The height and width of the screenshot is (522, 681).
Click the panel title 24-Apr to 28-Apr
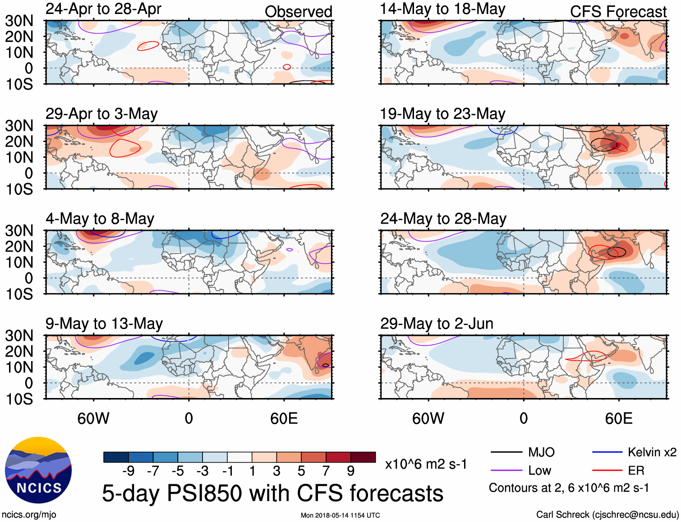[103, 9]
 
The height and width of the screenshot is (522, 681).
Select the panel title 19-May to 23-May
[442, 114]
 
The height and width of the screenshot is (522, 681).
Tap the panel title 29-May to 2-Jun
[437, 324]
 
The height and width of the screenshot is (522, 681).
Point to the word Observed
[298, 12]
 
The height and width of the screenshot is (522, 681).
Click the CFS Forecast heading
[618, 12]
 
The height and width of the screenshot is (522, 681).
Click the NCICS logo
[38, 470]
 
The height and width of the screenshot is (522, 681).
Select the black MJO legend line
[506, 452]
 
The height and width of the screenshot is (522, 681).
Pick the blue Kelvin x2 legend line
[607, 452]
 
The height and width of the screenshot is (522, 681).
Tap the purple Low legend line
[506, 471]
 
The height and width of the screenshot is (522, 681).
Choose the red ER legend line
[607, 471]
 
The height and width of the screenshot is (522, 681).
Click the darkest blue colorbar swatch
[115, 457]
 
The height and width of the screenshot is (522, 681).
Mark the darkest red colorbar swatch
[363, 457]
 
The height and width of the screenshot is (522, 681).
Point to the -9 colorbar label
[128, 471]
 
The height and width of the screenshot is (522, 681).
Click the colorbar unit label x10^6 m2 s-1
[426, 464]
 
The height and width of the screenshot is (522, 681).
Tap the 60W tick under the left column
[93, 418]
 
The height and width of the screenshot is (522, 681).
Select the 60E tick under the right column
[618, 418]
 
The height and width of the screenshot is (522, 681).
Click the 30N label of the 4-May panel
[19, 231]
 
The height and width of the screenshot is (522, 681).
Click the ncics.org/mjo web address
[29, 515]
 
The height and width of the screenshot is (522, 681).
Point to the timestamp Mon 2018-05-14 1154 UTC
[340, 515]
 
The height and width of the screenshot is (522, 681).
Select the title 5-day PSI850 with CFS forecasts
[272, 493]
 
